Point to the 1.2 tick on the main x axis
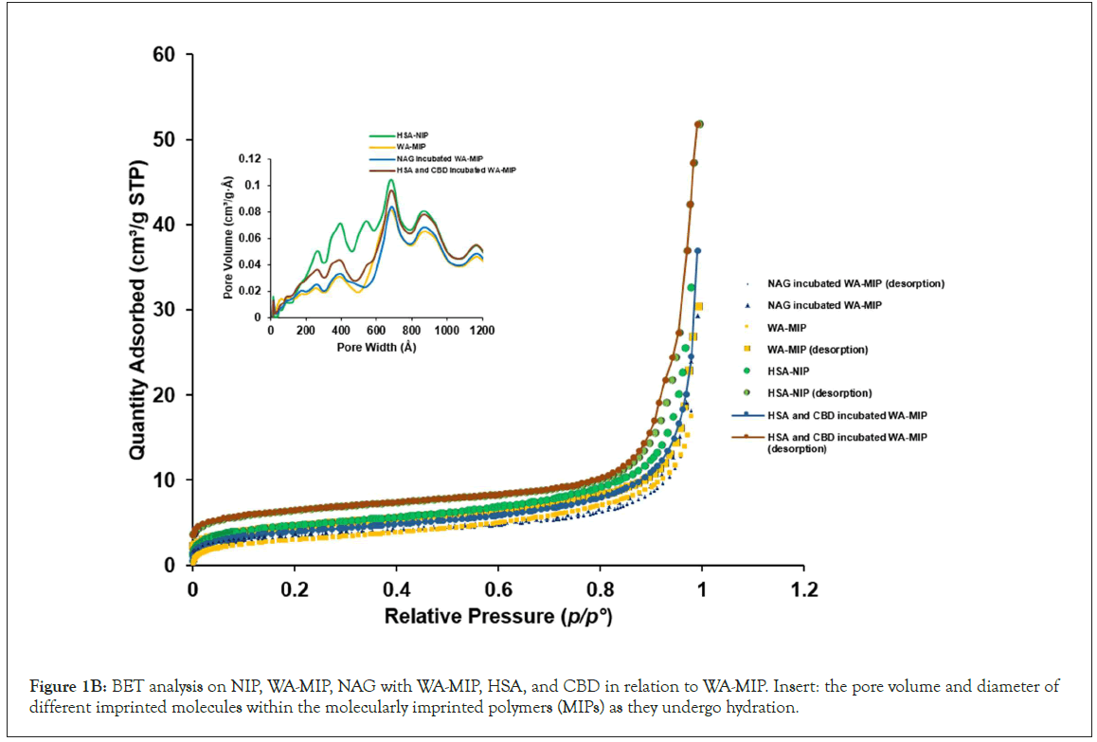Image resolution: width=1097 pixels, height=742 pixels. (803, 588)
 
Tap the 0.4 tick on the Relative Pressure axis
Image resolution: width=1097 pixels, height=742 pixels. (396, 588)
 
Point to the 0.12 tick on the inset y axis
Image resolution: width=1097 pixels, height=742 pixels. (249, 158)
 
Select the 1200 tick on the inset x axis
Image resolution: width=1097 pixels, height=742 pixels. (482, 331)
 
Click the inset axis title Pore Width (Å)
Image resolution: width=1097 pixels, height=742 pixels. (376, 347)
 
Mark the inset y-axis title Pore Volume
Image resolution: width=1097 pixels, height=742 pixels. (228, 238)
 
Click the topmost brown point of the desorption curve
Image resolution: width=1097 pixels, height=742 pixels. (699, 124)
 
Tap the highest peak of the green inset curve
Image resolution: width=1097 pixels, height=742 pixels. (390, 180)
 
